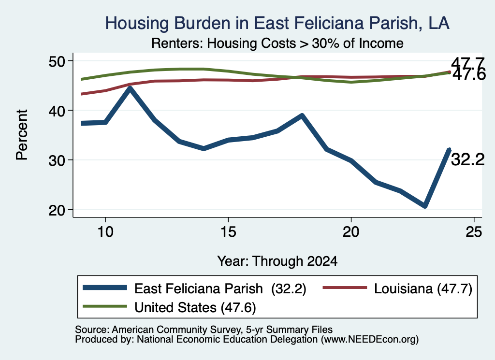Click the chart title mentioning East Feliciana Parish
click(277, 23)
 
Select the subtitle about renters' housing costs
click(277, 43)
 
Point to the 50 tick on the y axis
click(57, 61)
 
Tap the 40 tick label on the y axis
click(57, 111)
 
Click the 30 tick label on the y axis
click(57, 160)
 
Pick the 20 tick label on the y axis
click(57, 210)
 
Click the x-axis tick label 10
click(105, 232)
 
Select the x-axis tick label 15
click(228, 232)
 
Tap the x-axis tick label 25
click(474, 232)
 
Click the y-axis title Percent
click(22, 135)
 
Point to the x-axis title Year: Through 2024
click(277, 261)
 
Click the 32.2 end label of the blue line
click(467, 159)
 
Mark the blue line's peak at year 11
click(130, 88)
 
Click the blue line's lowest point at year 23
click(425, 205)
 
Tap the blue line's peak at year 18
click(302, 116)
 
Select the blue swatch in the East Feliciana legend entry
click(105, 288)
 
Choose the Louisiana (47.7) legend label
click(423, 288)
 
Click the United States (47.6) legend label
click(195, 308)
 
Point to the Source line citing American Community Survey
click(204, 330)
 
